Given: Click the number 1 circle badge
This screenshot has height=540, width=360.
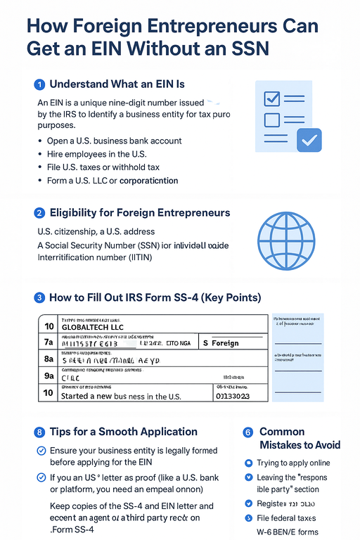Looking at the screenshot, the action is [x=39, y=84].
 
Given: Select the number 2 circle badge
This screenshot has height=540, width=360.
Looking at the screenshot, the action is [x=39, y=212].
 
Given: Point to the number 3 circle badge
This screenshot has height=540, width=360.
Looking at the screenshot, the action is [x=39, y=297].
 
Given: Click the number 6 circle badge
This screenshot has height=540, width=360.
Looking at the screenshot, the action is [x=247, y=432].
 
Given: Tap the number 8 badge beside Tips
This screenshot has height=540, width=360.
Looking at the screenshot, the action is [x=39, y=432].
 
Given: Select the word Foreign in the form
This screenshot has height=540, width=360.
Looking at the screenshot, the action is [x=225, y=343].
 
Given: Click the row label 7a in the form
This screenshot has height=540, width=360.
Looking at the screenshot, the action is [x=49, y=343].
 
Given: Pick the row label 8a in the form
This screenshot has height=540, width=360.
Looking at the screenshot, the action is [x=49, y=359].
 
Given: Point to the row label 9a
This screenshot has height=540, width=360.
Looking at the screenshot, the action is [x=49, y=376].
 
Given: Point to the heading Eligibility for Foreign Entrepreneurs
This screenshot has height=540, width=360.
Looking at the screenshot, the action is [x=140, y=212].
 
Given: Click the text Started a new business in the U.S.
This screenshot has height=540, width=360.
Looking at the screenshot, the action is [x=122, y=396].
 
